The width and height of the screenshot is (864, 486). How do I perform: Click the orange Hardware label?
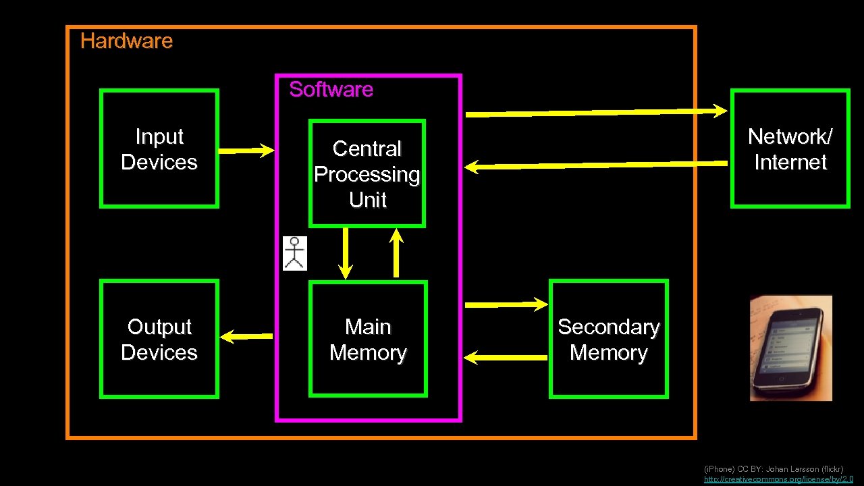point(126,41)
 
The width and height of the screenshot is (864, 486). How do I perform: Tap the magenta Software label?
point(331,89)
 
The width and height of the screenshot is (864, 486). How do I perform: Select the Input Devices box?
point(159,148)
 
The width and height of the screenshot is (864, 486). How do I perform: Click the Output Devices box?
point(159,339)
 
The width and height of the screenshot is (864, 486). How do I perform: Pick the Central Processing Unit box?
point(367,173)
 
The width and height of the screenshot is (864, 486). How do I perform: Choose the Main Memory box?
point(368,339)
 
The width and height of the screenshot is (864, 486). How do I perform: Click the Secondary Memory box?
point(608,339)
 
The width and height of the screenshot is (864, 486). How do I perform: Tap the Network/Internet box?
point(790,148)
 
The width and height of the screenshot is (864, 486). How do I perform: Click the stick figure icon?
point(294,253)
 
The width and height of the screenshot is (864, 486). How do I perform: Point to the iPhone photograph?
point(790,348)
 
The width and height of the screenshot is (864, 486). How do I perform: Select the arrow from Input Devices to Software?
point(246,151)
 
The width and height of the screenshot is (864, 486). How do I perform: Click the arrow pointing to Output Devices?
point(246,335)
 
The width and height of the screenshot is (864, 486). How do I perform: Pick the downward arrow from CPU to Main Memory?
point(346,252)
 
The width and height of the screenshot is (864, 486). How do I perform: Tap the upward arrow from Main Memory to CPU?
point(396,252)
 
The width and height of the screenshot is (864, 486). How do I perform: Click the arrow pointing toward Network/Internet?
point(597,112)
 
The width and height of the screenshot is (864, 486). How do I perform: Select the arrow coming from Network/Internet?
point(598,165)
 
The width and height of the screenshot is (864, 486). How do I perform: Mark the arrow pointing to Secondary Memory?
point(506,305)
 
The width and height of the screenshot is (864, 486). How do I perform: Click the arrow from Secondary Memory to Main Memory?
point(506,357)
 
